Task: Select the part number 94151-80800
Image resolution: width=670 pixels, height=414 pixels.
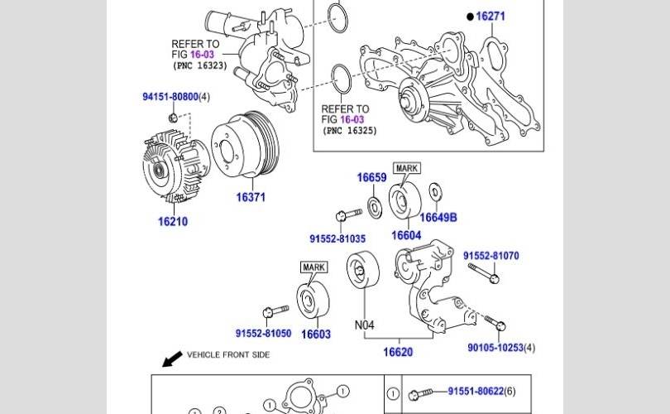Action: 170,97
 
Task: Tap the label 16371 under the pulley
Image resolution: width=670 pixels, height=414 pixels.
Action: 251,197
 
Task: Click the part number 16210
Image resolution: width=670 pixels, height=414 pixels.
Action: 173,222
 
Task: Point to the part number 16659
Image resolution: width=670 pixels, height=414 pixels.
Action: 371,178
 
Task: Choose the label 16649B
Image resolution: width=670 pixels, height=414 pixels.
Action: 438,218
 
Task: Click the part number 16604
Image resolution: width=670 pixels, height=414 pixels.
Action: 406,235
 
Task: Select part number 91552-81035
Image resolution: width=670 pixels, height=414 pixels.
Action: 337,238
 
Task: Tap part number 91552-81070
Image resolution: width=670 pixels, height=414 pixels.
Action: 491,256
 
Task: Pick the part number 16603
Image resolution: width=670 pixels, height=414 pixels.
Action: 315,334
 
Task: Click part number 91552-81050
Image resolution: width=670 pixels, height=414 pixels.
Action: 263,334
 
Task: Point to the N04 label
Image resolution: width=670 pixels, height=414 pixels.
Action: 365,325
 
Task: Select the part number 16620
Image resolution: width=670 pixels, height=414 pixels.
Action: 397,352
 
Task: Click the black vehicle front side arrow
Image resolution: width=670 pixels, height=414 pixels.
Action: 172,359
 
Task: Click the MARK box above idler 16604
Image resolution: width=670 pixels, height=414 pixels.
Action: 407,168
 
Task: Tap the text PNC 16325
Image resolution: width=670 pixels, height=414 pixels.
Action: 350,130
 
